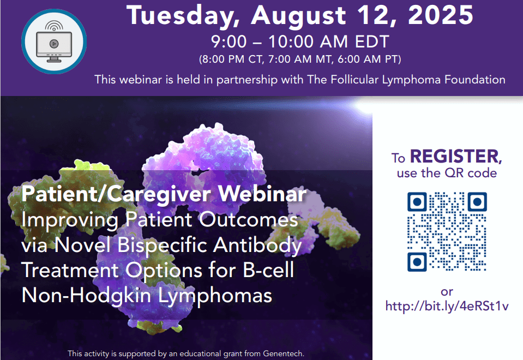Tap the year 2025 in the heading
pyautogui.click(x=441, y=15)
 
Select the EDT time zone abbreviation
pyautogui.click(x=372, y=41)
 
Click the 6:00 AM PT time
pyautogui.click(x=369, y=59)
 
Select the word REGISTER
pyautogui.click(x=455, y=156)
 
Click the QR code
pyautogui.click(x=447, y=232)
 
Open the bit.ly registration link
pyautogui.click(x=447, y=306)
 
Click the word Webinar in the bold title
pyautogui.click(x=262, y=194)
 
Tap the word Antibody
pyautogui.click(x=257, y=246)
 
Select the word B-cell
pyautogui.click(x=268, y=269)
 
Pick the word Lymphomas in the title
pyautogui.click(x=215, y=296)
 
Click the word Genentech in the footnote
pyautogui.click(x=283, y=353)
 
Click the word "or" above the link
pyautogui.click(x=447, y=292)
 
